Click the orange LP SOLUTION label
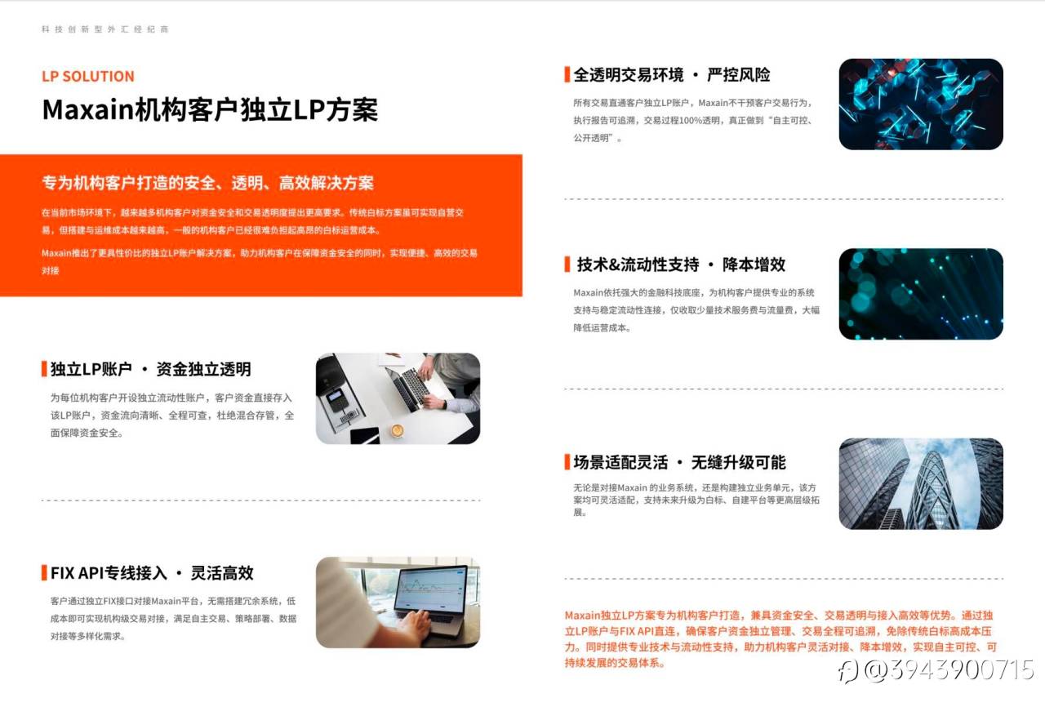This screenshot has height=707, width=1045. pyautogui.click(x=88, y=76)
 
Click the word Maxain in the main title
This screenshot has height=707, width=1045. pyautogui.click(x=87, y=110)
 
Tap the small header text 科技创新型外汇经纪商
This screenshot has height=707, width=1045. pyautogui.click(x=105, y=29)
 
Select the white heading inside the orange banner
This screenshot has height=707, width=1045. pyautogui.click(x=207, y=183)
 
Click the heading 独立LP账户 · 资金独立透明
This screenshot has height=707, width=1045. pyautogui.click(x=151, y=369)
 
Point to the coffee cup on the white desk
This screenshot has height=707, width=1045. pyautogui.click(x=398, y=430)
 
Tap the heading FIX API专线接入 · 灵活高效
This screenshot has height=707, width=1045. pyautogui.click(x=152, y=572)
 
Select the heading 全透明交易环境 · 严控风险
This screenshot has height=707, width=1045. pyautogui.click(x=672, y=74)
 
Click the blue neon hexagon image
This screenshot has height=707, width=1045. pyautogui.click(x=921, y=104)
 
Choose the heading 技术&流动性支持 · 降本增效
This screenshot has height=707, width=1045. pyautogui.click(x=681, y=265)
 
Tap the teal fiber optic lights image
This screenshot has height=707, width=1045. pyautogui.click(x=921, y=294)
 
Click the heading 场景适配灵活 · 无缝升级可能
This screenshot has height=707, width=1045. pyautogui.click(x=680, y=462)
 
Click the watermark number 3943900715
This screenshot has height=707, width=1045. pyautogui.click(x=962, y=670)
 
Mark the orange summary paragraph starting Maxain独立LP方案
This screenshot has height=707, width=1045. pyautogui.click(x=780, y=639)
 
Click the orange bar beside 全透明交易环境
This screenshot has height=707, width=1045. pyautogui.click(x=567, y=74)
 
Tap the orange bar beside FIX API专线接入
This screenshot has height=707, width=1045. pyautogui.click(x=44, y=572)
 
